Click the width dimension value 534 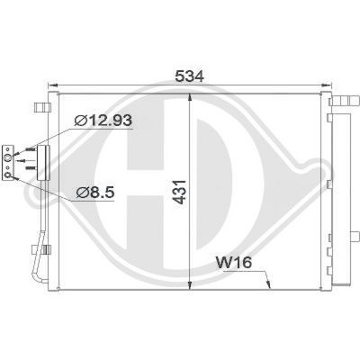click(x=190, y=76)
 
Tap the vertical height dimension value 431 click(x=181, y=193)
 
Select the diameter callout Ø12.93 click(x=103, y=121)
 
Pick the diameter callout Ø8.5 click(x=95, y=193)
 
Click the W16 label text click(x=234, y=263)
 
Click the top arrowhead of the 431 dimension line click(x=190, y=98)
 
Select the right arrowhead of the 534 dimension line click(x=327, y=85)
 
